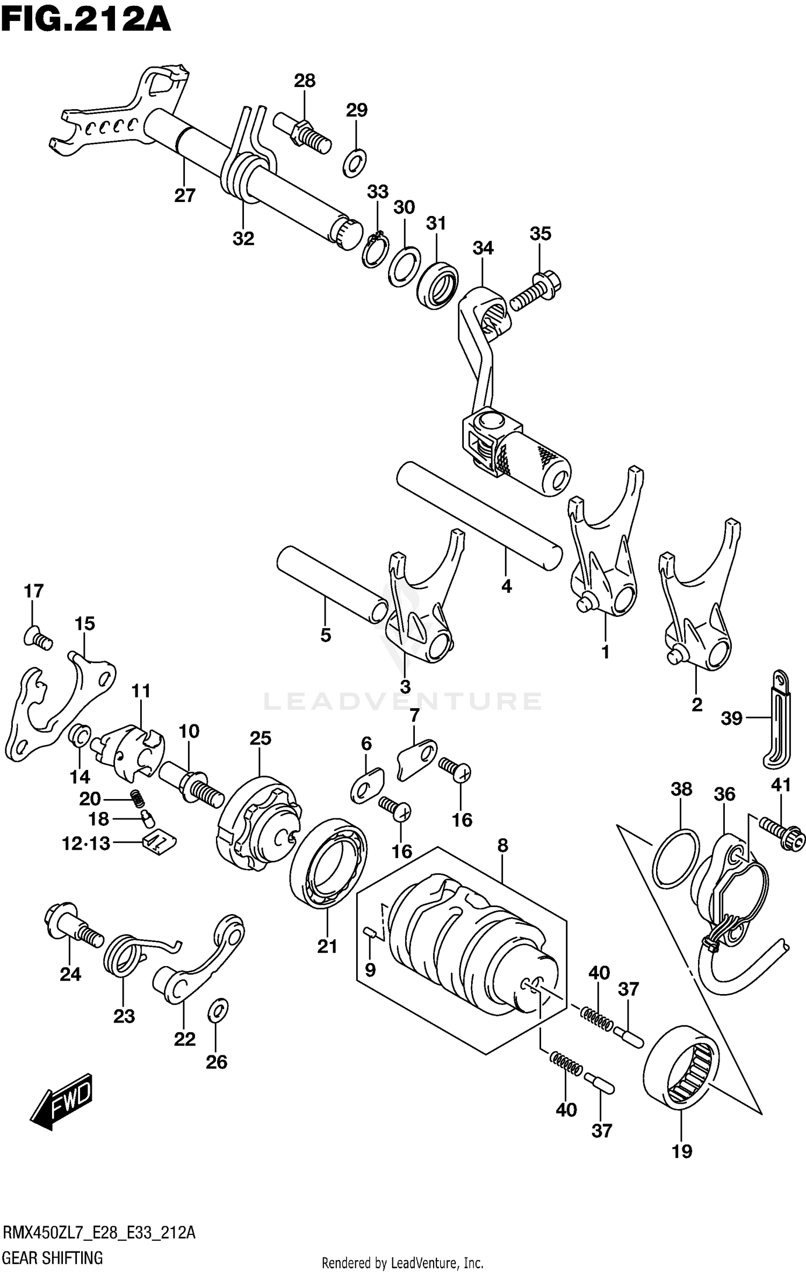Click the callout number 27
pyautogui.click(x=184, y=196)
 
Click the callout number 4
pyautogui.click(x=506, y=586)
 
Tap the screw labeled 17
pyautogui.click(x=38, y=638)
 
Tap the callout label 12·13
pyautogui.click(x=86, y=844)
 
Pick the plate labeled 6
pyautogui.click(x=366, y=786)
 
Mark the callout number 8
pyautogui.click(x=502, y=846)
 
